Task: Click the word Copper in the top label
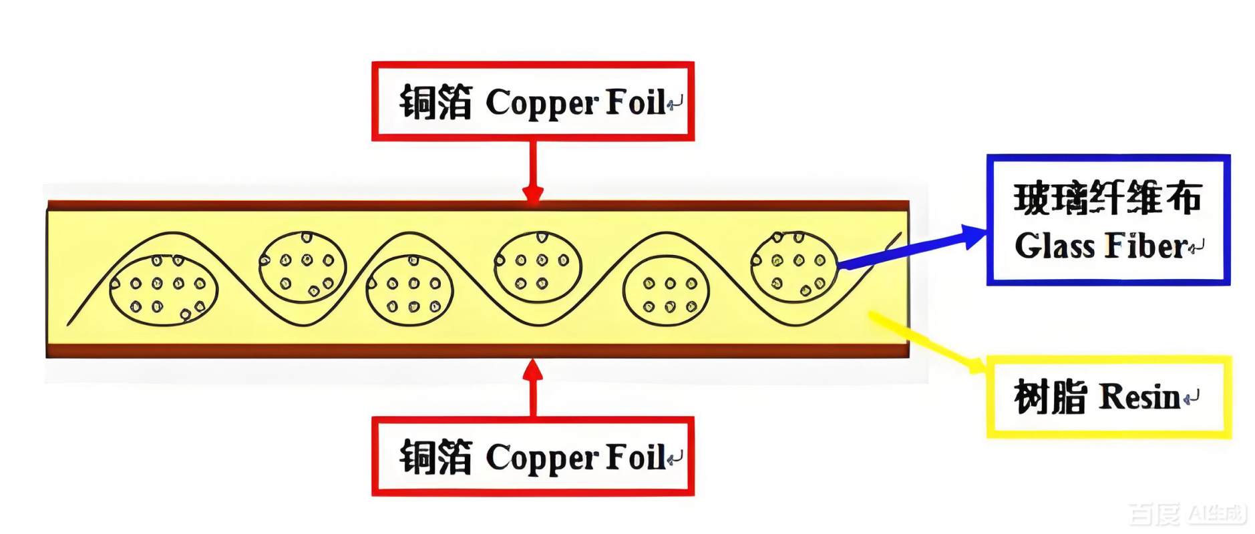[542, 103]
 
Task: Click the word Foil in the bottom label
[635, 458]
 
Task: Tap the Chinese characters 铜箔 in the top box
[435, 103]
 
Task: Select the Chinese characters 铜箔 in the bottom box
[435, 458]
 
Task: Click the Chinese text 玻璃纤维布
[1107, 199]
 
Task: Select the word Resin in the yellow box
[1139, 398]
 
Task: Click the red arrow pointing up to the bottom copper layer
[532, 387]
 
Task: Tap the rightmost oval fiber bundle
[793, 267]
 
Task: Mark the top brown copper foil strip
[478, 206]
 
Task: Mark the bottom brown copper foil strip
[478, 350]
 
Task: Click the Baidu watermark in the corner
[1187, 513]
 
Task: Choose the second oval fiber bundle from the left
[303, 267]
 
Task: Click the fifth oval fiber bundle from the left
[666, 291]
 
